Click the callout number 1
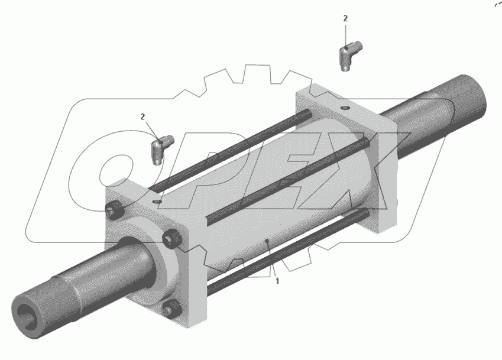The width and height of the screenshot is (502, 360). tap(277, 281)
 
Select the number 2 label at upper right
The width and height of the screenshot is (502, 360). tap(345, 18)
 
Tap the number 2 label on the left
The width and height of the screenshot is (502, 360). tap(142, 117)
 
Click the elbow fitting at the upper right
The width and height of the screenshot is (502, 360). tap(350, 55)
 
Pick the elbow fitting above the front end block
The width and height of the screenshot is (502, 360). tap(161, 148)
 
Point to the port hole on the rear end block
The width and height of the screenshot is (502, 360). tap(345, 108)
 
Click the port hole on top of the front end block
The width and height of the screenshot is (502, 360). tap(157, 202)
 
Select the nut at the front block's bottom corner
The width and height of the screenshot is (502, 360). tap(172, 309)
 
